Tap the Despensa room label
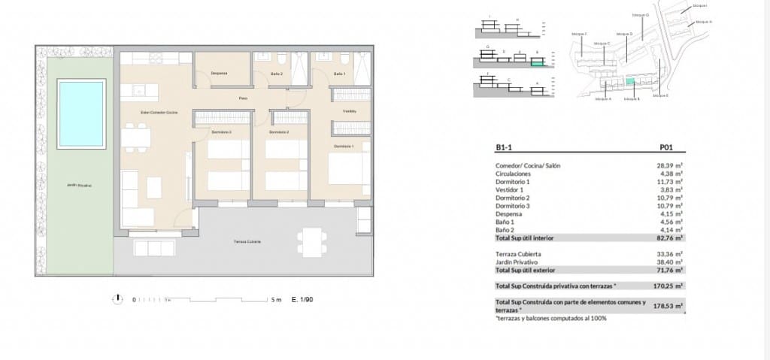(x=220, y=74)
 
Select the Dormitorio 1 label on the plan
(x=343, y=146)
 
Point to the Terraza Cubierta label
(x=246, y=241)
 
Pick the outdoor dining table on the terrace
(x=310, y=241)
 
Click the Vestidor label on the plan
(x=349, y=111)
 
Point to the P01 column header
(x=665, y=148)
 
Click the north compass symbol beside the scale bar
(x=117, y=299)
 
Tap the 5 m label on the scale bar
(x=277, y=300)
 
